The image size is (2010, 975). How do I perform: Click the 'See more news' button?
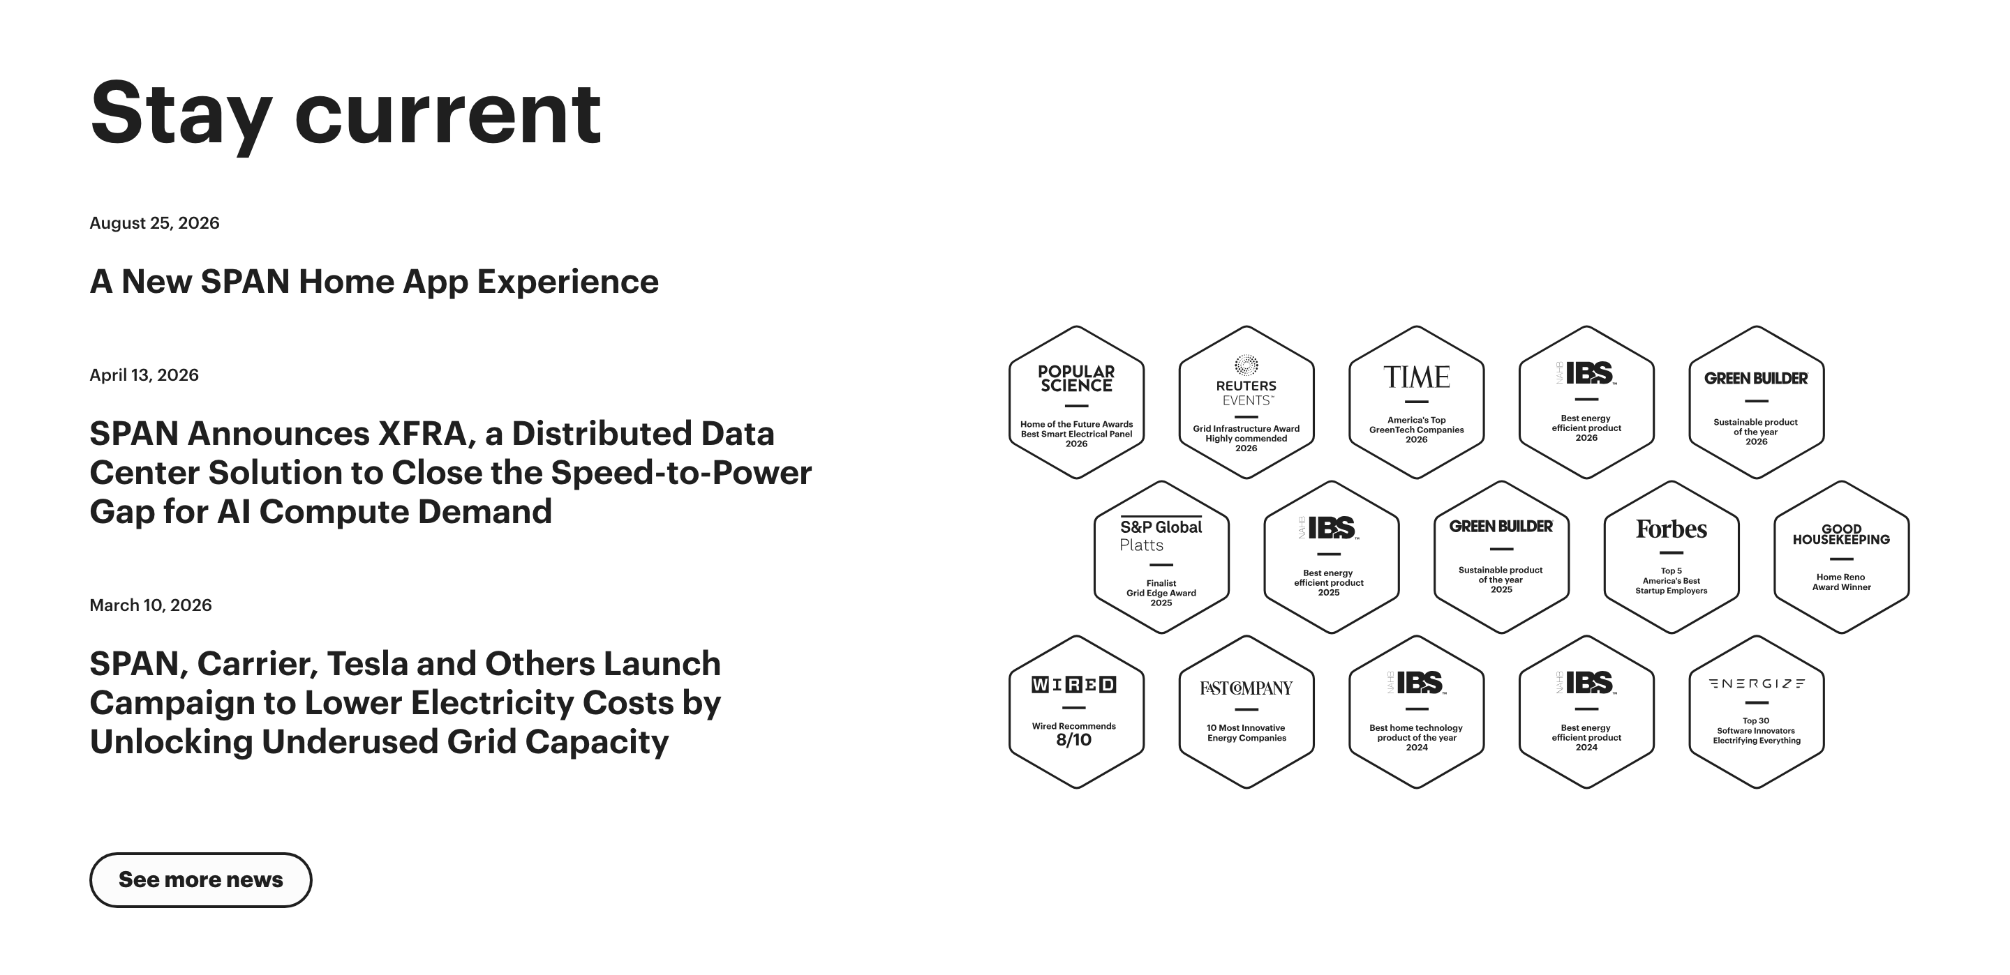200,880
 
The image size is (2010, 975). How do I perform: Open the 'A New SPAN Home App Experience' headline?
374,282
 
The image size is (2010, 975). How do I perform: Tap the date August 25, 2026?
154,223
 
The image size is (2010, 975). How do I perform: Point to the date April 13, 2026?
144,375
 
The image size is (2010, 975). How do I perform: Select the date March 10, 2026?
151,605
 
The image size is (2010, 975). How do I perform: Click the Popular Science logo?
1076,378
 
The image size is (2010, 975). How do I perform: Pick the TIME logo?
1416,377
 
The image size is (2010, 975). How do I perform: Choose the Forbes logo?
1672,529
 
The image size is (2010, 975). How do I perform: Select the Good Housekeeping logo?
1842,534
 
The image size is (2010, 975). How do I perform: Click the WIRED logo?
1073,685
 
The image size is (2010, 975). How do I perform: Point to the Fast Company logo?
1246,688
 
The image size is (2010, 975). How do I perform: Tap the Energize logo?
1757,684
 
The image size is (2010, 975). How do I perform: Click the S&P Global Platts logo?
1161,534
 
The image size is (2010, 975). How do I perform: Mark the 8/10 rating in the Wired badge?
1073,740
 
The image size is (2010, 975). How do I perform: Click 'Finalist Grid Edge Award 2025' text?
1161,593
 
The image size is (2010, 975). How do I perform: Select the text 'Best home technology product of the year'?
1416,732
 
